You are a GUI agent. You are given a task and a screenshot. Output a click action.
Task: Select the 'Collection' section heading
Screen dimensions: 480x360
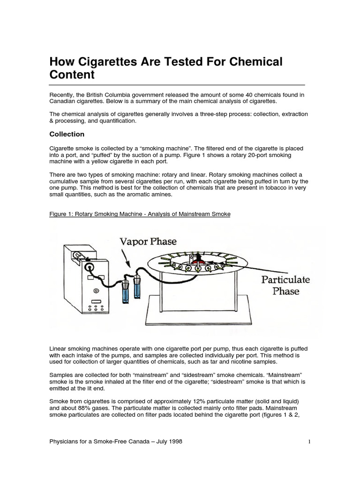(x=67, y=134)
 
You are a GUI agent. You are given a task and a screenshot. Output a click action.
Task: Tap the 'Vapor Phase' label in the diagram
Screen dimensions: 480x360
(x=148, y=242)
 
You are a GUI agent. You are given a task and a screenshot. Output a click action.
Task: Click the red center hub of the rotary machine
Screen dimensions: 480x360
(x=199, y=259)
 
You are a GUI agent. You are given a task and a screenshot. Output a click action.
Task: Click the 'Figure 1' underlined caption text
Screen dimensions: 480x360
(x=140, y=214)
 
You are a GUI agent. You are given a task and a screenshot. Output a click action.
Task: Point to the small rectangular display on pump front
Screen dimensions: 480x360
(x=97, y=301)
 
